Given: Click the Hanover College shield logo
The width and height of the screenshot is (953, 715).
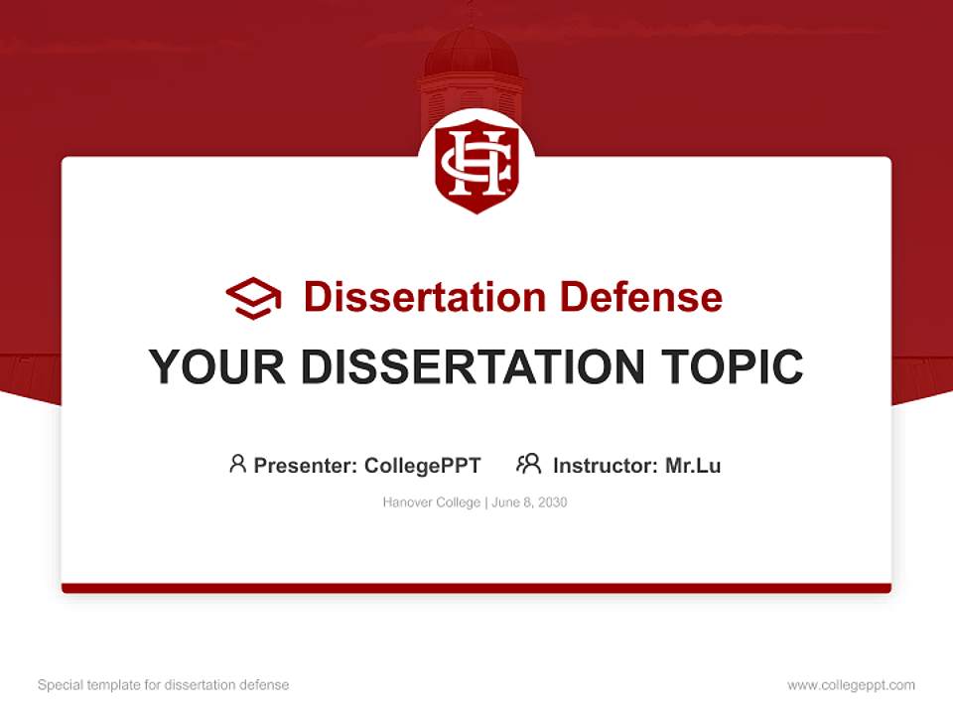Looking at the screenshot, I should coord(476,165).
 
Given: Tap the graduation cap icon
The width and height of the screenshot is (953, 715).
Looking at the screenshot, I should coord(253,297).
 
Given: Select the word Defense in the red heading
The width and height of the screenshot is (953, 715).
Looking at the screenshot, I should coord(640,297).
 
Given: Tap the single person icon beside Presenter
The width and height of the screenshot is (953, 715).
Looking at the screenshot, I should coord(237,464).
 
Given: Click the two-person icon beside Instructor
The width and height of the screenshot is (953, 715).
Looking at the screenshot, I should coord(528,464).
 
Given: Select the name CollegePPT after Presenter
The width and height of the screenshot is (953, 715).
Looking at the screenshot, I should coord(423,466).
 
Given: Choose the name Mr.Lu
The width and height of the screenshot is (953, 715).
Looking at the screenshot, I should coord(693,466).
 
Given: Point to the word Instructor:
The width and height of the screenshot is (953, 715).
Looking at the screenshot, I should coord(606,466).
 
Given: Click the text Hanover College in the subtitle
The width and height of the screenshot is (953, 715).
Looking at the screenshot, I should coord(431,502).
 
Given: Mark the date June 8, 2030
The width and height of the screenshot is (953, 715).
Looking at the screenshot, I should coord(529,502).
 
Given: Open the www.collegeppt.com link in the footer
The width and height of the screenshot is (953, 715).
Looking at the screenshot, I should coord(851,685).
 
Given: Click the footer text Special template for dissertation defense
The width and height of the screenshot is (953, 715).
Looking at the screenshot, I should coord(164,685).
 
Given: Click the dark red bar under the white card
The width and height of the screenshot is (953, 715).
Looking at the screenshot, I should coord(476,588).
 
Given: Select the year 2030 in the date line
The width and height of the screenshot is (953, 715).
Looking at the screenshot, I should coord(552,502).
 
